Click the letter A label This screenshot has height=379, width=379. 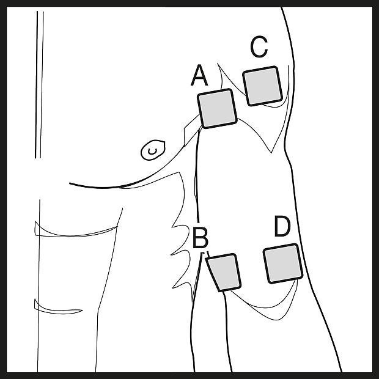click(199, 75)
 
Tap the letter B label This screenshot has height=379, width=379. click(201, 238)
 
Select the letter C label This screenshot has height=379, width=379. click(259, 46)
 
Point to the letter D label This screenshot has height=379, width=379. click(282, 226)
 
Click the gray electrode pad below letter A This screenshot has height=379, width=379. click(217, 109)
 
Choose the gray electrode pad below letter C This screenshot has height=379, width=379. click(262, 86)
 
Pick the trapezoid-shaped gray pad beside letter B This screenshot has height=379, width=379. click(224, 273)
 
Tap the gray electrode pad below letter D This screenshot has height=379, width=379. click(283, 263)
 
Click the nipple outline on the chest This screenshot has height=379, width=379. click(153, 150)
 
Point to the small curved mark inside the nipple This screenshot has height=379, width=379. click(152, 152)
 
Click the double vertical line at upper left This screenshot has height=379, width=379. click(39, 84)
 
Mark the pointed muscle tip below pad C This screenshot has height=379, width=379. click(271, 153)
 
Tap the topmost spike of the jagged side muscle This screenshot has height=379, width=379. click(172, 227)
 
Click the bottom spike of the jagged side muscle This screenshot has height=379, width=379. click(172, 288)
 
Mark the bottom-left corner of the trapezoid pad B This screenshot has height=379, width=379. click(219, 291)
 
